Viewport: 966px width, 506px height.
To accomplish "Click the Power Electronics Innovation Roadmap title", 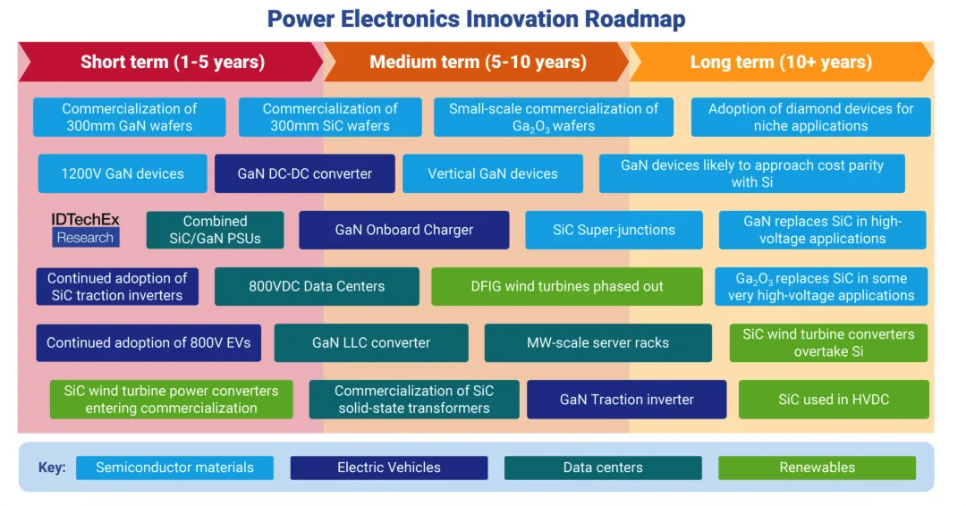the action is pos(476,19).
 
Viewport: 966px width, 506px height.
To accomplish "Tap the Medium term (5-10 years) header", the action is pos(478,62).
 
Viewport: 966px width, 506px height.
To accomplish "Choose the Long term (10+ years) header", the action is pos(781,62).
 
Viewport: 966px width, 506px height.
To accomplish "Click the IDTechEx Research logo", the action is pos(85,229).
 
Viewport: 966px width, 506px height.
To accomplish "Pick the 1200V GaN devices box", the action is pos(122,173).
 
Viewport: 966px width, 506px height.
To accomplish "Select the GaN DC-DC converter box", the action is pos(304,173).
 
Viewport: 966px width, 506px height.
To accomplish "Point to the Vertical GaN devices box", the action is pos(492,173).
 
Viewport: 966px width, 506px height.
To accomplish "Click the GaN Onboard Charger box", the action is pos(403,230).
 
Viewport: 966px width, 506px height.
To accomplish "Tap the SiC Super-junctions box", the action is pos(614,230).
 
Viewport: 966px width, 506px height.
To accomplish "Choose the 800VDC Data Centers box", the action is pos(317,286).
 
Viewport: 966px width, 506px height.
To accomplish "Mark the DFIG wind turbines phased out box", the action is pos(567,286).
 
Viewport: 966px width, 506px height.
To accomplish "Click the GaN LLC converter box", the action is pos(370,342).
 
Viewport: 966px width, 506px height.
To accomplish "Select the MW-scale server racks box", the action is pos(597,342).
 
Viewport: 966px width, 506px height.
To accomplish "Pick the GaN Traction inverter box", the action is pos(626,400).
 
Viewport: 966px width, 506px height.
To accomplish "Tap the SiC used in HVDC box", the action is pos(834,400).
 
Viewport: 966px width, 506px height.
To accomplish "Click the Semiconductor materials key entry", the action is pos(174,468).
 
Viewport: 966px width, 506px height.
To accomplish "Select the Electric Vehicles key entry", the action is pos(388,468).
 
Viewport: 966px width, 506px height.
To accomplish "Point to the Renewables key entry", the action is pos(817,468).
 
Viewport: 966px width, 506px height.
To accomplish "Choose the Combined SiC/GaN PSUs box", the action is pos(215,230).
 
